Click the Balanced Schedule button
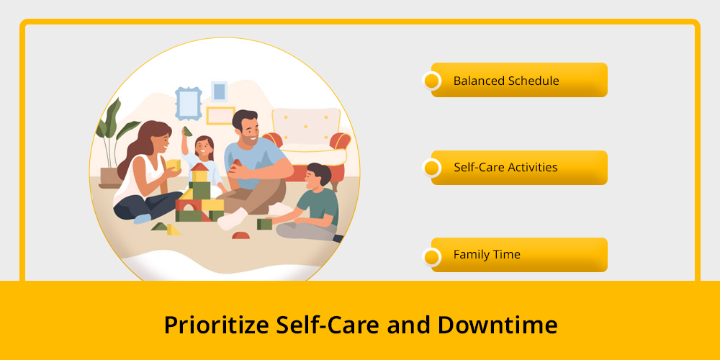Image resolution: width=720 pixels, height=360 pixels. [x=519, y=80]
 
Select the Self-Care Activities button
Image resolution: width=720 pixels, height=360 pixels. [x=519, y=168]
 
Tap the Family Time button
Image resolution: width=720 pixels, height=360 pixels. [x=519, y=255]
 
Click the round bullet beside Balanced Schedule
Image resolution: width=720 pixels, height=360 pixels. [x=431, y=81]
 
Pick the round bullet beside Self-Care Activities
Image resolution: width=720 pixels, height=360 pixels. [x=431, y=168]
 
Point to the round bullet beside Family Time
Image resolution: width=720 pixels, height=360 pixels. [x=431, y=257]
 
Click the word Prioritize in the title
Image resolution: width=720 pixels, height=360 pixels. [x=216, y=325]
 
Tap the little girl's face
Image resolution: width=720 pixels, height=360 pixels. [x=203, y=148]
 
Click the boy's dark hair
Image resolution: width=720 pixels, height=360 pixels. [x=320, y=173]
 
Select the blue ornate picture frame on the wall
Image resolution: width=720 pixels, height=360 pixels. [x=188, y=103]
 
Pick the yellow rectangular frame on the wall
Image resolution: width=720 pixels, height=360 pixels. [x=220, y=116]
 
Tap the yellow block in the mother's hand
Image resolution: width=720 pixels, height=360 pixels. [x=173, y=165]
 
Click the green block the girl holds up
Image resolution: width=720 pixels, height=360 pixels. [x=187, y=131]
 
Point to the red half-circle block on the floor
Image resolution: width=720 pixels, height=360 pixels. [x=240, y=235]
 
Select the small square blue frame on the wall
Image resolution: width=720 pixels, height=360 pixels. [x=219, y=91]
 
